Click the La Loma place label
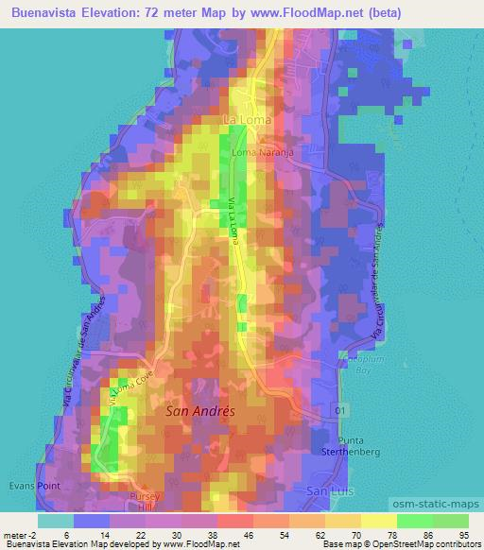(x=246, y=120)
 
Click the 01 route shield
(x=340, y=410)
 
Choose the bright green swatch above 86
(x=415, y=521)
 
